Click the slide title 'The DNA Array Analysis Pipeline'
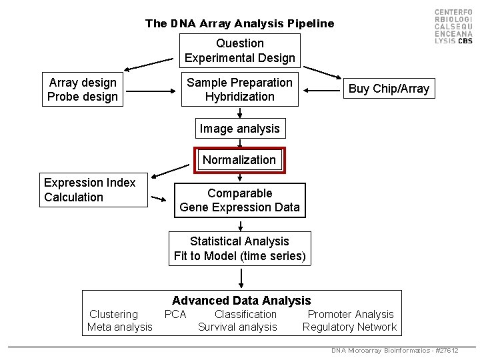tap(240, 23)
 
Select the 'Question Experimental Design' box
tap(240, 51)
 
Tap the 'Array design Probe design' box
tap(83, 89)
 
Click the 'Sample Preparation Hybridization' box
tap(240, 89)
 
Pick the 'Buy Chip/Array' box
tap(389, 89)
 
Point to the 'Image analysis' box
tap(240, 127)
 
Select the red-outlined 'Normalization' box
tap(239, 160)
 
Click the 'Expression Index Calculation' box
tap(93, 190)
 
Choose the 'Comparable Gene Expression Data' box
tap(240, 200)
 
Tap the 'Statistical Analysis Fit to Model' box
tap(240, 248)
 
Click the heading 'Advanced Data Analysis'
tap(241, 301)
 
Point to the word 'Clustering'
tap(113, 314)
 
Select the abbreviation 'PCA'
tap(175, 314)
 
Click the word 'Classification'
tap(245, 314)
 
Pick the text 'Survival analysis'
tap(237, 327)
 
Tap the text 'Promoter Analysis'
tap(351, 314)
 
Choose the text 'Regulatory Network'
tap(349, 327)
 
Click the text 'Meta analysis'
tap(120, 327)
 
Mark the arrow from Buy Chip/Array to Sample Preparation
tap(326, 89)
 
